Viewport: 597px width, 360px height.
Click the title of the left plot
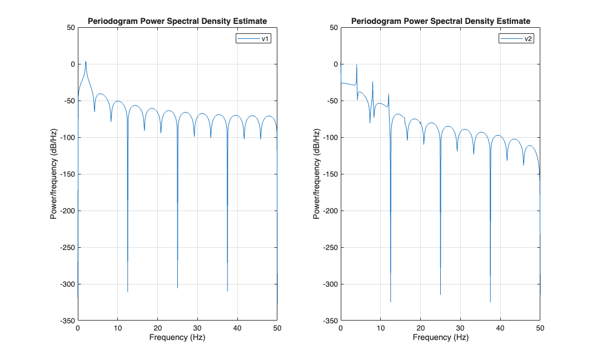point(177,21)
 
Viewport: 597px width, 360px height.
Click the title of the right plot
point(440,21)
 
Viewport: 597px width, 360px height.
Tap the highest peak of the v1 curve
point(86,62)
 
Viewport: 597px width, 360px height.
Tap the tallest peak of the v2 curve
point(356,65)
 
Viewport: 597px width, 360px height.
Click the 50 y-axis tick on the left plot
point(69,27)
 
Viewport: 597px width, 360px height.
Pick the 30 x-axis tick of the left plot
point(197,328)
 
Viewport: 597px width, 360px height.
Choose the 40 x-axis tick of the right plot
point(500,328)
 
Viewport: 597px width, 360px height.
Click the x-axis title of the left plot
point(177,337)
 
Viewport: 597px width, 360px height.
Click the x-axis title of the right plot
point(440,337)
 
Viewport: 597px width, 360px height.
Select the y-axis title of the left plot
point(54,174)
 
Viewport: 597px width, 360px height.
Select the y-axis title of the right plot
point(317,174)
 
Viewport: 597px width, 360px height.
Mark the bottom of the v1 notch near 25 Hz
point(177,288)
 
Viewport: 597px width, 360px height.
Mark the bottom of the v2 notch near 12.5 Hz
point(390,302)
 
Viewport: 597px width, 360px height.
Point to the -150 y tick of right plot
point(329,174)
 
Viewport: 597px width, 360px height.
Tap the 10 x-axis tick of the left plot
point(117,328)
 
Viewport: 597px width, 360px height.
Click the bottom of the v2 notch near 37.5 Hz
point(490,302)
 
